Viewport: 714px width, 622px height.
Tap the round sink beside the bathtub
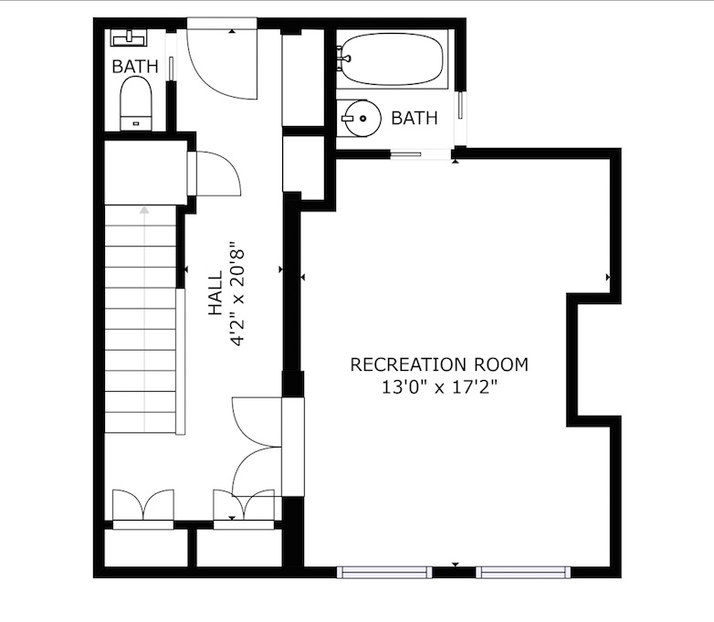[x=361, y=119]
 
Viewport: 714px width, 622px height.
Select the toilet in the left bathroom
[x=136, y=103]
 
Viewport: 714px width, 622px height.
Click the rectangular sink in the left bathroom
[x=129, y=37]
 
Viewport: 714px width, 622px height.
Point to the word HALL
[x=215, y=293]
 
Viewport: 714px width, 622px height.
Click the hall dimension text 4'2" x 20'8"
[x=237, y=293]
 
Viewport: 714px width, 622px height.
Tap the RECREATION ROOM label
[x=439, y=364]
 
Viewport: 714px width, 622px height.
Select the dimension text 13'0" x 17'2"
[x=439, y=387]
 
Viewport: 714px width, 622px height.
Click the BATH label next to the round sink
[x=415, y=118]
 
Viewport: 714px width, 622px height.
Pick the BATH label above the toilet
[x=135, y=67]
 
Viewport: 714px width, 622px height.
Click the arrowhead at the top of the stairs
[x=145, y=209]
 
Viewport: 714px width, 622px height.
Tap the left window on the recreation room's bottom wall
[x=384, y=573]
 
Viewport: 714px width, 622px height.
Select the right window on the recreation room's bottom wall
[x=524, y=573]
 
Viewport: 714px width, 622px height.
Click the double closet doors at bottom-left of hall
[x=143, y=505]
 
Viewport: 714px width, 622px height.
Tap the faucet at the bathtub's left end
[x=343, y=58]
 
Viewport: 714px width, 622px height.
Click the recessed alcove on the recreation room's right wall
[x=594, y=360]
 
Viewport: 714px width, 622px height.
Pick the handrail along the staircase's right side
[x=181, y=361]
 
